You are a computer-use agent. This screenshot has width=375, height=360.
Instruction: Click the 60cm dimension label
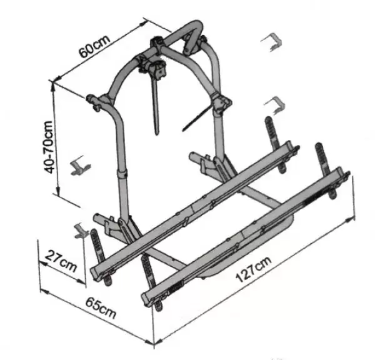tap(95, 47)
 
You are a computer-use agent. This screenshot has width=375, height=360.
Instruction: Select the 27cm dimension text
tap(61, 261)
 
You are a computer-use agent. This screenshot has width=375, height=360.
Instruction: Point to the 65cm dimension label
tap(101, 307)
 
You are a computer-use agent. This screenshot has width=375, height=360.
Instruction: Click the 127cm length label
tap(254, 269)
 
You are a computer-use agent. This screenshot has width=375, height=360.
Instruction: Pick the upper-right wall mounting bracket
tap(272, 42)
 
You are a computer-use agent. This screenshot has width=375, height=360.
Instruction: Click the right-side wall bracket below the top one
tap(275, 105)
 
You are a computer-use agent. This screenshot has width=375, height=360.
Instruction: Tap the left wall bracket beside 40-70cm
tap(81, 166)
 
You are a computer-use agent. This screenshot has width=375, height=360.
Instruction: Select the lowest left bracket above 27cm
tap(81, 231)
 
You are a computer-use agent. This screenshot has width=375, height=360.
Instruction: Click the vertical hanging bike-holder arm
tap(156, 105)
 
